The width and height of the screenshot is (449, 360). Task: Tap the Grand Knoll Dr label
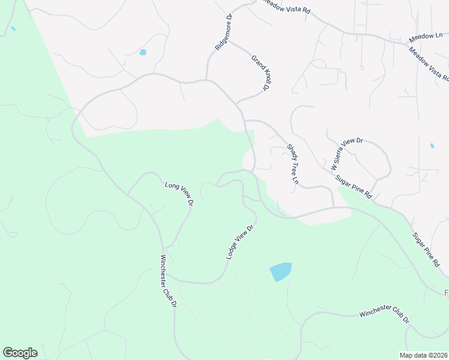(x=259, y=74)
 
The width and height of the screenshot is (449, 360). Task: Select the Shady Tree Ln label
(x=292, y=164)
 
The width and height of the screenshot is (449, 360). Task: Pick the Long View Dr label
(x=179, y=194)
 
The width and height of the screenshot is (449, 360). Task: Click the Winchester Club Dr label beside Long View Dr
(x=168, y=281)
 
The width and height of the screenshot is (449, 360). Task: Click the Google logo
(x=20, y=353)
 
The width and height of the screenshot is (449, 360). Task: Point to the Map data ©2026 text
(x=423, y=355)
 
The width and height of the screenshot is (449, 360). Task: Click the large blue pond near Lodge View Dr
(x=280, y=272)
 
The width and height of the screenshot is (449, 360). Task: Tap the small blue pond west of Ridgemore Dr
(x=143, y=52)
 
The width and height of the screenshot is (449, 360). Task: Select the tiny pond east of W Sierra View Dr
(x=432, y=146)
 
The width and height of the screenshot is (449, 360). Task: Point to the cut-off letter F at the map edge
(x=446, y=293)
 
